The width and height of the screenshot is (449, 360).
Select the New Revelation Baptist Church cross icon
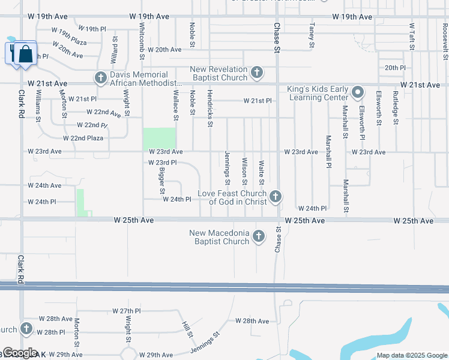257,73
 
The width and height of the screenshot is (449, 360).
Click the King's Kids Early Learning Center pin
358,92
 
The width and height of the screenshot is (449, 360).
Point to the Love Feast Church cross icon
276,196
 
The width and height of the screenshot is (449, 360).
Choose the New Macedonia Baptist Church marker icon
259,236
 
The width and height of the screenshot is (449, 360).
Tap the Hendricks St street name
209,109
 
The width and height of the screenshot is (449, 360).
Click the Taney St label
312,35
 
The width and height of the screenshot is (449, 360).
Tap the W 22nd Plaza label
83,138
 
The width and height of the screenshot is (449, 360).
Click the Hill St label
187,329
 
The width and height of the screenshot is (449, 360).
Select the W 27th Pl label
126,311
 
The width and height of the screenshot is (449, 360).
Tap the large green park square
159,139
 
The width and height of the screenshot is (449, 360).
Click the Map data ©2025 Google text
411,355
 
